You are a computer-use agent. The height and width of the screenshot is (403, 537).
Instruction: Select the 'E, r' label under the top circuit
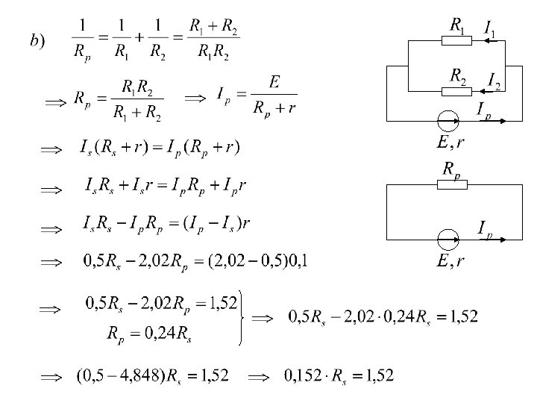point(451,141)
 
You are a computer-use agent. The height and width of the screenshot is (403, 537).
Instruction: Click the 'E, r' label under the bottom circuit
point(451,260)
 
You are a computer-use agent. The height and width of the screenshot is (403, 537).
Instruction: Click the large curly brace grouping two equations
point(240,317)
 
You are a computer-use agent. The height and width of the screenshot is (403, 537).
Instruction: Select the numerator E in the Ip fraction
point(274,82)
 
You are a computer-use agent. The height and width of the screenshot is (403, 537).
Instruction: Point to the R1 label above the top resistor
point(457,24)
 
